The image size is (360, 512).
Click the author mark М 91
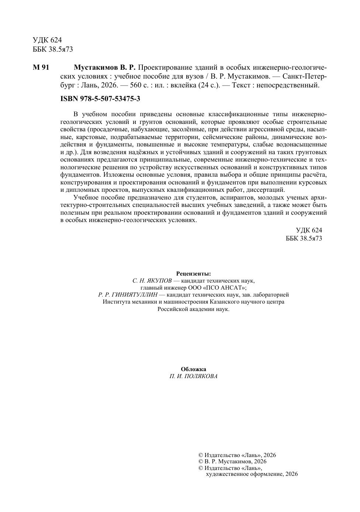tap(41, 68)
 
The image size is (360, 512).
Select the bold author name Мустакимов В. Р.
tap(105, 68)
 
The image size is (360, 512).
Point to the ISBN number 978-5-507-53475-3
tap(100, 99)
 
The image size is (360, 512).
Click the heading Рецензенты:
tap(194, 274)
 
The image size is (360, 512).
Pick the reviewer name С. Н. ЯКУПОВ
tap(152, 281)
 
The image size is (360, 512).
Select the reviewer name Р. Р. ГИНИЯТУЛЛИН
tap(128, 295)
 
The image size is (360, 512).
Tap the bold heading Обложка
tap(194, 369)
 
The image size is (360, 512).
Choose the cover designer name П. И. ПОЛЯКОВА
tap(194, 376)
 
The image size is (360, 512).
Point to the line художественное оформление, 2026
tap(252, 474)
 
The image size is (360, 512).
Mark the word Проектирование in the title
tap(162, 68)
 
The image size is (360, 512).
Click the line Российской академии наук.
tap(194, 309)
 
